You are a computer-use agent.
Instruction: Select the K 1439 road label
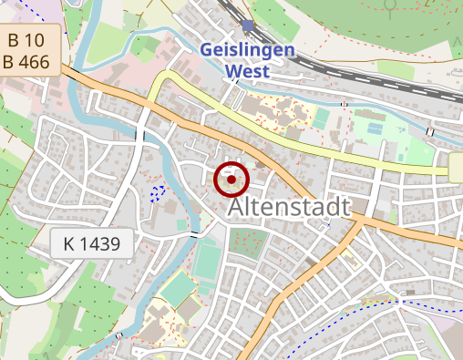pos(92,243)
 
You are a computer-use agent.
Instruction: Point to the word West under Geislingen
pos(247,70)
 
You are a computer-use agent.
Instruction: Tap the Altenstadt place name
pos(291,208)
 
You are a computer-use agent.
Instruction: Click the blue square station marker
pos(248,25)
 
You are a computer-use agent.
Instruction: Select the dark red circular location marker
pos(231,180)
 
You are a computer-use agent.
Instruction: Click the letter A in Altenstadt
pos(239,208)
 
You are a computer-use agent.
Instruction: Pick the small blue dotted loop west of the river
pos(158,192)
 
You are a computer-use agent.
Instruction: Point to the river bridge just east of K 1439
pos(193,235)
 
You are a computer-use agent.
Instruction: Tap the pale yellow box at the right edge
pos(456,167)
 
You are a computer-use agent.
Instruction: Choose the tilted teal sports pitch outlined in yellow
pos(179,289)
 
